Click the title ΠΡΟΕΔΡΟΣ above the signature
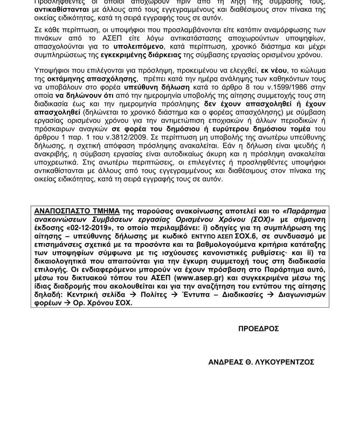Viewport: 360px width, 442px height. [259, 328]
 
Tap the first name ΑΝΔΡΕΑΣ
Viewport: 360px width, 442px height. [226, 362]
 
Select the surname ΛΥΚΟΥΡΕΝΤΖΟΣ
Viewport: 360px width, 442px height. [286, 362]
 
